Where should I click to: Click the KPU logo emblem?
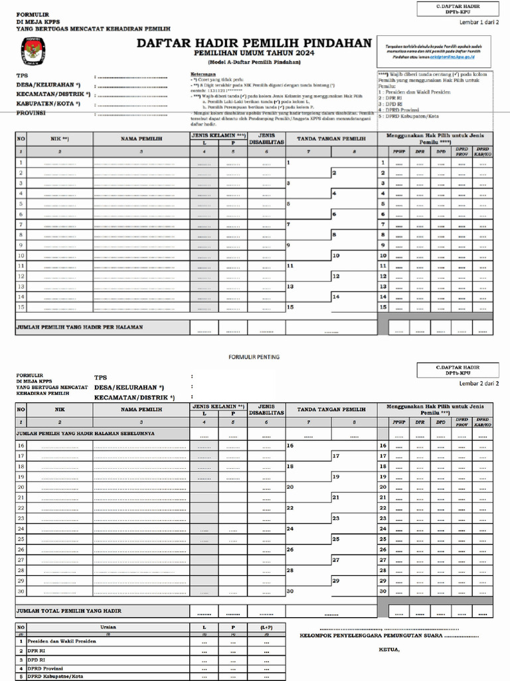click(33, 50)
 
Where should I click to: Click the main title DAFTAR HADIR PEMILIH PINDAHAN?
click(254, 43)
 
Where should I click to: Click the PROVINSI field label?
click(31, 113)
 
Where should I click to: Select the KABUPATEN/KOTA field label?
click(48, 104)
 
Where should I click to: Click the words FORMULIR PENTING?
click(254, 357)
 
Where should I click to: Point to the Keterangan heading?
click(203, 73)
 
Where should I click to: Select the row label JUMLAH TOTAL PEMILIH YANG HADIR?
click(68, 610)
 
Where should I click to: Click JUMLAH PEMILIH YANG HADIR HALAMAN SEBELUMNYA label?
click(85, 433)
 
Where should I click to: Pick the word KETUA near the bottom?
click(389, 649)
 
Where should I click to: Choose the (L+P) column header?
click(266, 626)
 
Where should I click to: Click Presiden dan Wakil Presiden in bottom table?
click(62, 641)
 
